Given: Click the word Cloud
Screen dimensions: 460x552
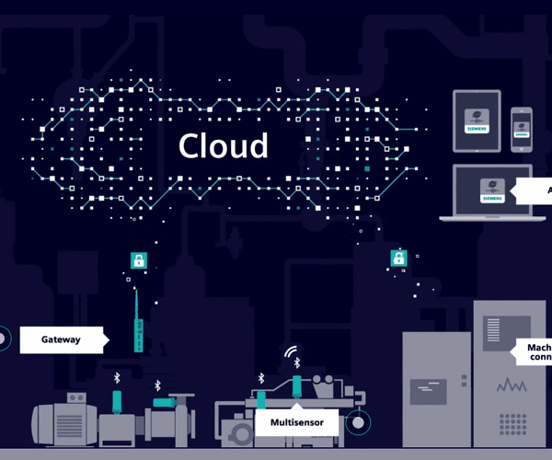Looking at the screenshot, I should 224,146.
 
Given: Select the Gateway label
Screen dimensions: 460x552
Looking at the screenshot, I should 61,339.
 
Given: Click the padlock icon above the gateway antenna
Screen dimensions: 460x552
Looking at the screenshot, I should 138,259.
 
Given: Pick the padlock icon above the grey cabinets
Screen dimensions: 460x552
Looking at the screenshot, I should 398,259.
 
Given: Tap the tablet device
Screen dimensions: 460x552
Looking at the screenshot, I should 476,121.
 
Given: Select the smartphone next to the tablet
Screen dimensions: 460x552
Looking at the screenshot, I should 522,128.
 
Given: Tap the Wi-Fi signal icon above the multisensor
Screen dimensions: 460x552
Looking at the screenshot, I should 292,352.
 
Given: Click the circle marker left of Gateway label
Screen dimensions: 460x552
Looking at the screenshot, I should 3,339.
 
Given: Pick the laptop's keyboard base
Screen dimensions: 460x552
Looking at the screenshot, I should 486,218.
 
